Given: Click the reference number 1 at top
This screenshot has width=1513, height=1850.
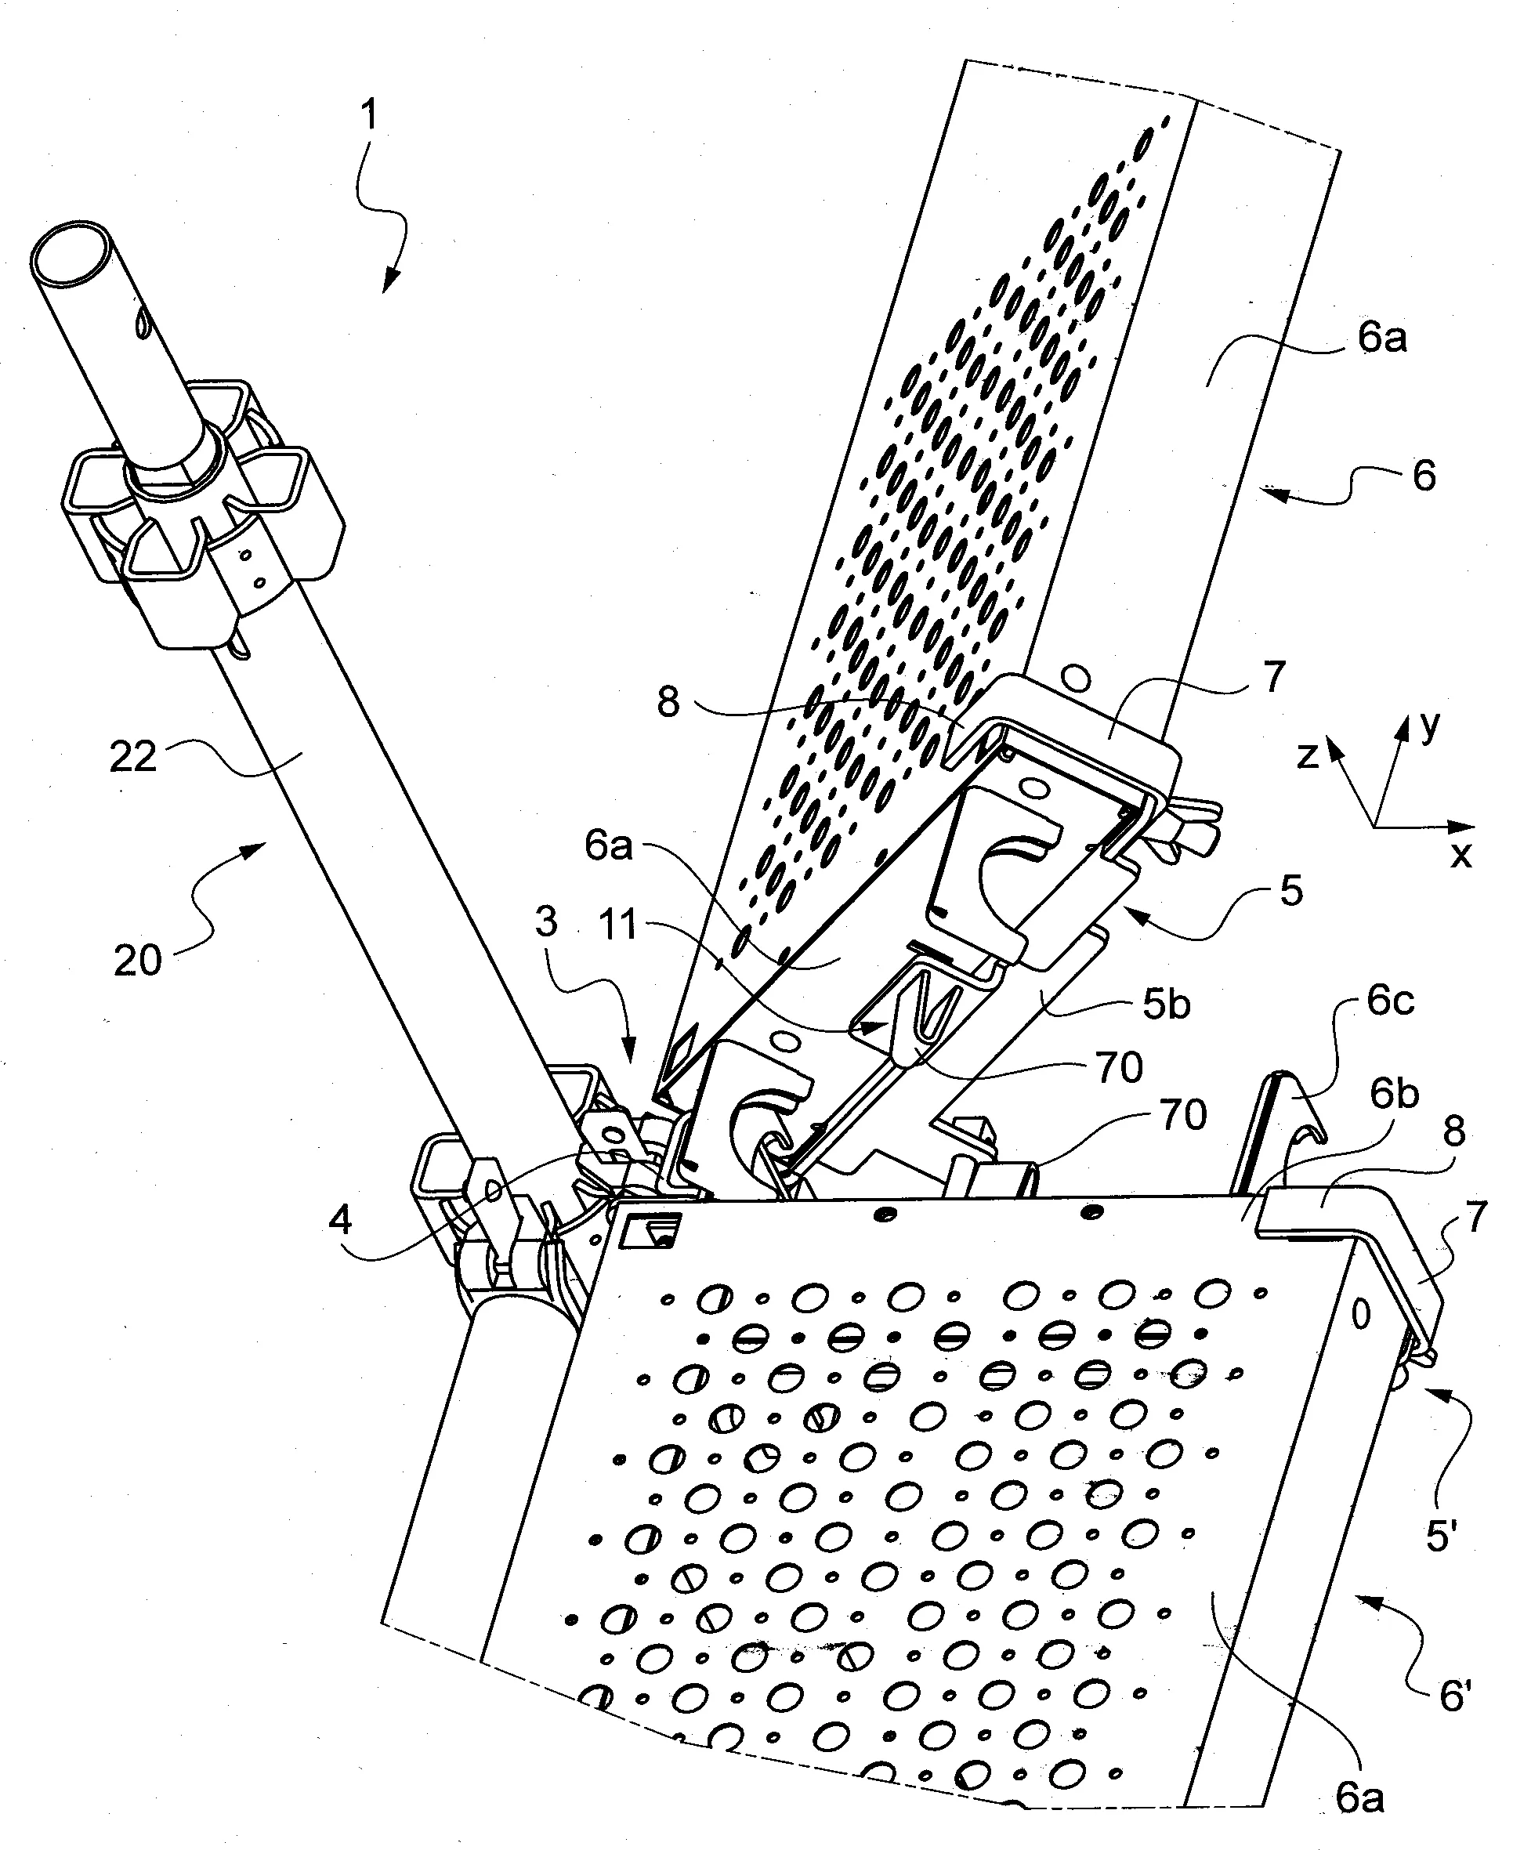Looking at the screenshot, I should point(370,115).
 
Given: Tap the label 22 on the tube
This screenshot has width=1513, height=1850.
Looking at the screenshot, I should point(133,755).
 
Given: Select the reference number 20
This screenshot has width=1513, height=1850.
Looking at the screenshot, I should point(138,961).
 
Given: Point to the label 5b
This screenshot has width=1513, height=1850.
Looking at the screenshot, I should point(1167,1005).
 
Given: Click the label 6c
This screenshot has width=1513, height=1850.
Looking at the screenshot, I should point(1390,1001).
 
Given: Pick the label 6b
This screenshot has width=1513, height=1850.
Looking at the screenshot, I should point(1395,1095).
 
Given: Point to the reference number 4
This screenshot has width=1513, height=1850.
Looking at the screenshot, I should point(340,1220).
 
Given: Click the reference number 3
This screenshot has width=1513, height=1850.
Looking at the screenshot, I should point(546,921).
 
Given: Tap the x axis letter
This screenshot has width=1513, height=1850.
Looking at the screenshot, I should point(1461,856).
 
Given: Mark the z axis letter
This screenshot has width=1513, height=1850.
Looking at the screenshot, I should point(1307,755).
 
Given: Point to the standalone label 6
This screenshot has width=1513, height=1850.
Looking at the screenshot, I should point(1423,476).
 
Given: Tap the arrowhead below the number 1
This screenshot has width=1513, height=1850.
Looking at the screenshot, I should point(390,281).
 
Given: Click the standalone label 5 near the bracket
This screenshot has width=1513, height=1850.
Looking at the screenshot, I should point(1290,891).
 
